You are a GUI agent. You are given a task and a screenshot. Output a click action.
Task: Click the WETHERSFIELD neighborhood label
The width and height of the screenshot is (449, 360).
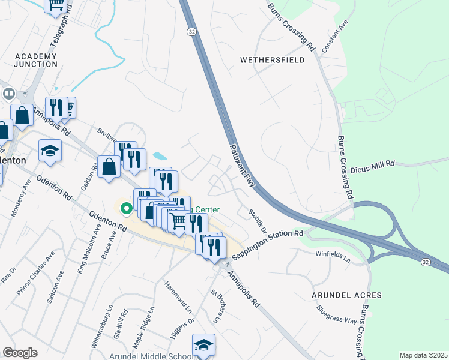[x=272, y=60]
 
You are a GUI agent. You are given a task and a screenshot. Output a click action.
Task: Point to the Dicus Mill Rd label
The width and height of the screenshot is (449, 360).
[x=372, y=163]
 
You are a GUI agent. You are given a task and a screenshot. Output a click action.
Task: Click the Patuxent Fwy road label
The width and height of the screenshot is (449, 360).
[x=243, y=166]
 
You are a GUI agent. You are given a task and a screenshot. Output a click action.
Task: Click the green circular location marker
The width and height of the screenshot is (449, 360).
[x=126, y=209]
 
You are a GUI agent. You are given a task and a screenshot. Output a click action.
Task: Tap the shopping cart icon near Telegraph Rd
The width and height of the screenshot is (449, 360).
[x=56, y=5]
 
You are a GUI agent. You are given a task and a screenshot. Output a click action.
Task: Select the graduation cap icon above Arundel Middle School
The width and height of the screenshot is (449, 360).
[x=203, y=346]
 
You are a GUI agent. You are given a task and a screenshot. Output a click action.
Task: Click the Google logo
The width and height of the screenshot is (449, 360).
[x=20, y=353]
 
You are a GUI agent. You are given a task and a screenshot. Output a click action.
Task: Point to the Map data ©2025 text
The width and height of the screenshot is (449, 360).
[x=423, y=355]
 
